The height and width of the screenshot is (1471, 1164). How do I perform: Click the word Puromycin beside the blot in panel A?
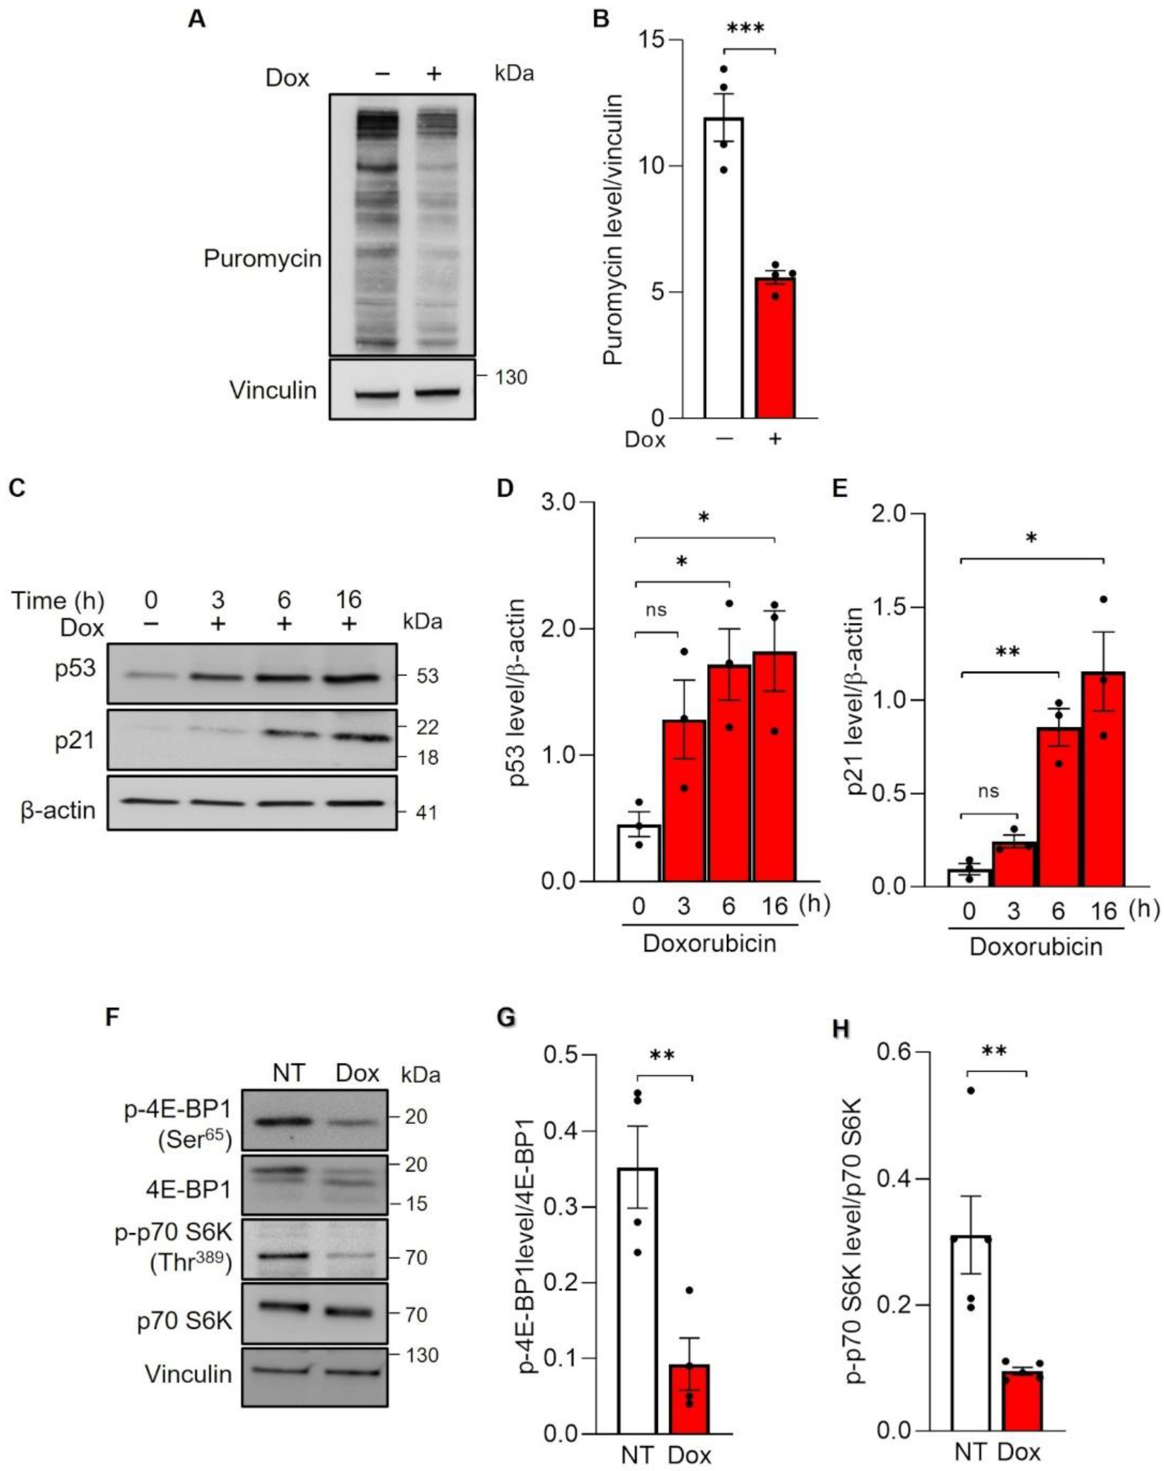pyautogui.click(x=262, y=259)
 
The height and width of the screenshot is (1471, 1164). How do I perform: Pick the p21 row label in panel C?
pyautogui.click(x=75, y=739)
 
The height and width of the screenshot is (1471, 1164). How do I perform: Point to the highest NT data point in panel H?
pyautogui.click(x=970, y=1090)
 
